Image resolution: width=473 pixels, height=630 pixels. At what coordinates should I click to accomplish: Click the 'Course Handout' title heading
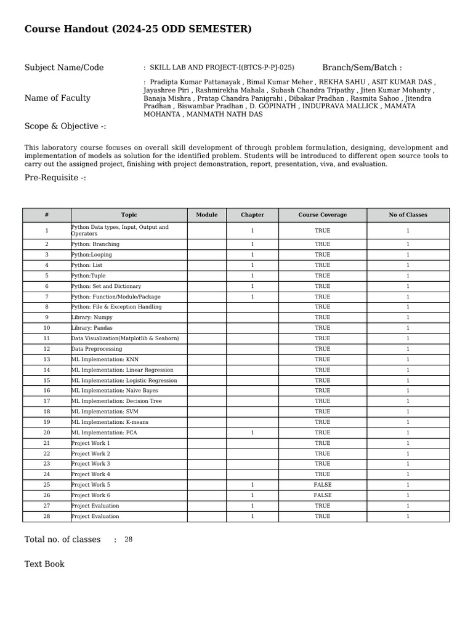coord(138,29)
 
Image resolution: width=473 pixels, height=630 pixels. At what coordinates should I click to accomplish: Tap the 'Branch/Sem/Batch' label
coord(362,68)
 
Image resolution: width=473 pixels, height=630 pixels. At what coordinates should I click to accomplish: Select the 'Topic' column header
coord(129,215)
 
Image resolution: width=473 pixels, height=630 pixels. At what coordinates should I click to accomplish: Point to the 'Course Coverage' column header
coord(322,215)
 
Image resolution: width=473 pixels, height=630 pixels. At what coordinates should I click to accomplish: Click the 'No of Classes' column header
coord(408,215)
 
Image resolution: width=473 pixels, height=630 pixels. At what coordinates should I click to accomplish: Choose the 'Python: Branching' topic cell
coord(95,244)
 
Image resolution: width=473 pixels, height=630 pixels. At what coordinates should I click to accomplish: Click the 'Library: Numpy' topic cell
coord(92,317)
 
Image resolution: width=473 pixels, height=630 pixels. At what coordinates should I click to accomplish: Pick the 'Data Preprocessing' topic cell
coord(97,349)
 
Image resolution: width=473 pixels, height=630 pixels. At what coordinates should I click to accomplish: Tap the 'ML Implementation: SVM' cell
coord(102,412)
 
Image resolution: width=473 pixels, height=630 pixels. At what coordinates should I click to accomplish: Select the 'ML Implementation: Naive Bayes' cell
coord(115,391)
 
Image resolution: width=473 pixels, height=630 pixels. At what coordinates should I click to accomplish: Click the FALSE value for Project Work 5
coord(322,485)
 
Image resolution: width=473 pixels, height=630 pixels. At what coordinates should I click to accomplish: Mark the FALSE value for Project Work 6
coord(322,495)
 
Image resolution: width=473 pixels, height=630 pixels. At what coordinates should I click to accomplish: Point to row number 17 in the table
coord(47,401)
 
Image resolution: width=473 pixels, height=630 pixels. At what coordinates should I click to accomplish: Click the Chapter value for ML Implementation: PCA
coord(253,433)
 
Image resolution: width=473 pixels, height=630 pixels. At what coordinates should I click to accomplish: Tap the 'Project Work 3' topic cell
coord(91,464)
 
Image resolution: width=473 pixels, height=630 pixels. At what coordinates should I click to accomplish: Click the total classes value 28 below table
coord(128,540)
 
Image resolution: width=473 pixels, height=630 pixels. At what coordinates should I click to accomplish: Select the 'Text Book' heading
coord(44,564)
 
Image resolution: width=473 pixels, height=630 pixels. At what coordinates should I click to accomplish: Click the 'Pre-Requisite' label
coord(55,178)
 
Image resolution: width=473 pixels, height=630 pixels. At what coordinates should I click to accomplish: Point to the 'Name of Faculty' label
coord(57,98)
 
